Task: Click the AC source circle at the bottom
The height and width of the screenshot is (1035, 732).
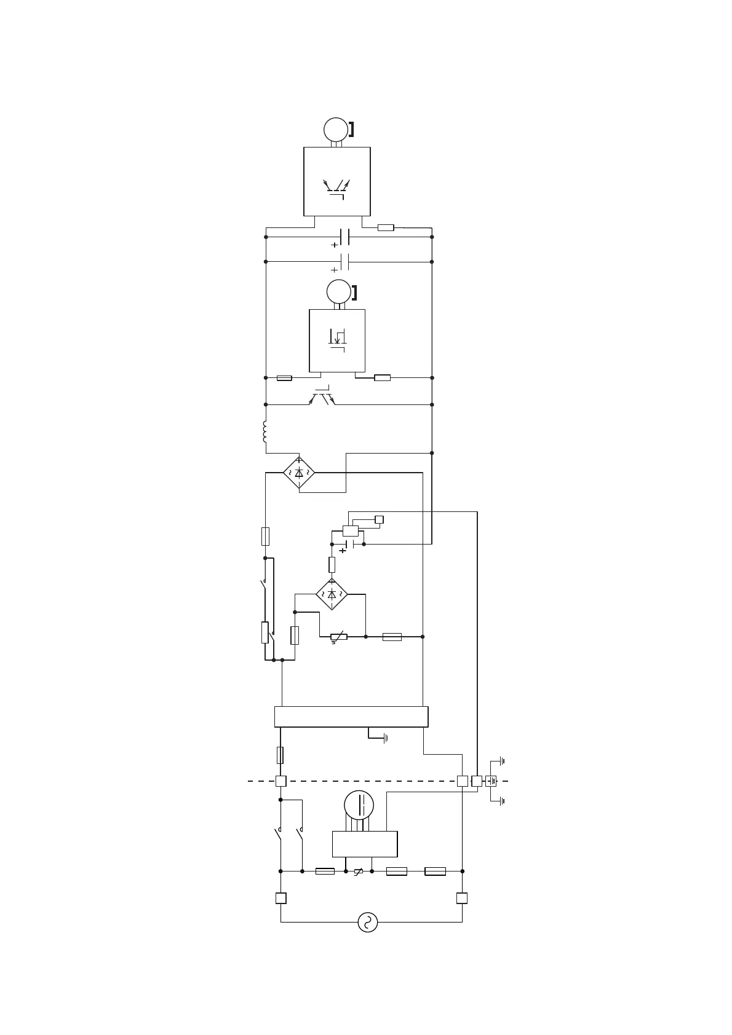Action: coord(367,922)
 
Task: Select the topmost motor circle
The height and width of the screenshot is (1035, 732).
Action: coord(336,129)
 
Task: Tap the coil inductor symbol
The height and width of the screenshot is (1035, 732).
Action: coord(265,431)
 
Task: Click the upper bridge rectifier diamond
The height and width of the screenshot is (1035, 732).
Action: coord(299,473)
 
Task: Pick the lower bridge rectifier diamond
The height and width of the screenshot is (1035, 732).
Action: coord(332,594)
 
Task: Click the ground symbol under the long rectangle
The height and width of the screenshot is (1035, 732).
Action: coord(385,738)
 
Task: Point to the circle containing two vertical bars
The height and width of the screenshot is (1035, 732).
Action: coord(359,805)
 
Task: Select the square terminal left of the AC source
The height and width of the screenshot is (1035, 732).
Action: coord(280,898)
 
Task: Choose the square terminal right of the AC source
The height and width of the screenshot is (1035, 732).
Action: coord(462,898)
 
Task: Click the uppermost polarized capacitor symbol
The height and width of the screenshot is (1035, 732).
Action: coord(344,237)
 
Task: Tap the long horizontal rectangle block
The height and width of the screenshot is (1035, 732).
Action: coord(351,717)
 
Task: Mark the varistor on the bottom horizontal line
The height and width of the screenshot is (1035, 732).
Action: coord(359,871)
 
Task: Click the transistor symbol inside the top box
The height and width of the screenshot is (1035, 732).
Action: coord(336,187)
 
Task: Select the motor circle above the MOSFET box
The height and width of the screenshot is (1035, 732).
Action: coord(338,291)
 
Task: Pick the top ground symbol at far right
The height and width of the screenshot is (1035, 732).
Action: coord(502,761)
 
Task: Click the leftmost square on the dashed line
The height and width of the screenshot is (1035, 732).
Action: coord(280,781)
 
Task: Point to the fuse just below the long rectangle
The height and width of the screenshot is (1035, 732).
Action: coord(280,755)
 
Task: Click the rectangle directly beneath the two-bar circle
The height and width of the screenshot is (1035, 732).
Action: coord(365,844)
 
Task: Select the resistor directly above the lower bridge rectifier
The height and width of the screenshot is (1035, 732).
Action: coord(332,565)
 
